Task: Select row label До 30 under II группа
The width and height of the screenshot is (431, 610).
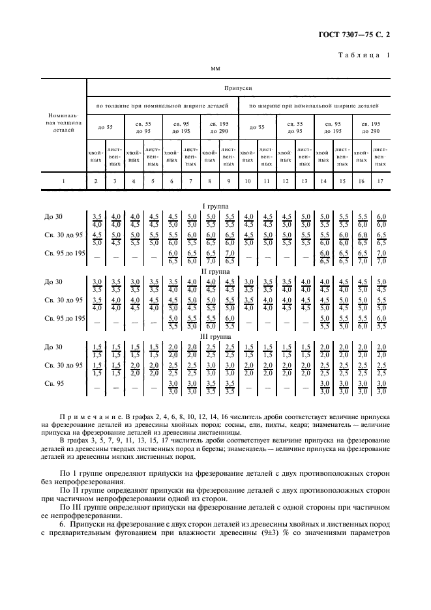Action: [x=53, y=282]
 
